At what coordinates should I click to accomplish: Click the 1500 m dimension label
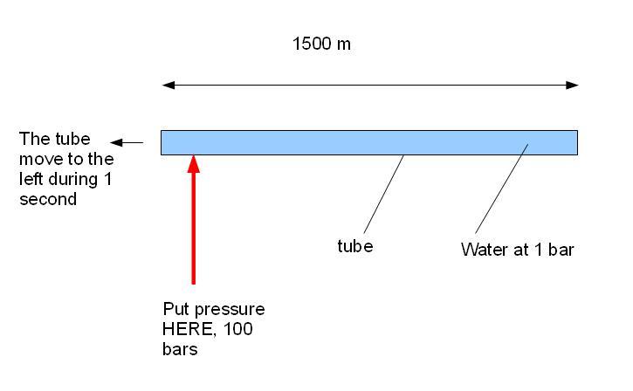pos(321,44)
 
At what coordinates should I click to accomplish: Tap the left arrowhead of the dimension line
pos(168,86)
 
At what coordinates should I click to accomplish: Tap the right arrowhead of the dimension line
pos(572,86)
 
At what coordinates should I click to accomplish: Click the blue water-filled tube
pos(369,142)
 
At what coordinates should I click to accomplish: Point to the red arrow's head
pos(194,164)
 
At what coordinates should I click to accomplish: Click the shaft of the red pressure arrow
pos(194,229)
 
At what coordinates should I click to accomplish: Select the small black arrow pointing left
pos(127,142)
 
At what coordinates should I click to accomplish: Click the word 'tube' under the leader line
pos(354,246)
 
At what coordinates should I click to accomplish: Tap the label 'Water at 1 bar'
pos(517,250)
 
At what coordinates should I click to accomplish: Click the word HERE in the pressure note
pos(186,329)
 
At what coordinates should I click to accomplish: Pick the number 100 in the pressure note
pos(237,329)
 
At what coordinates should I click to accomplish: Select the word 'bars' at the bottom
pos(180,349)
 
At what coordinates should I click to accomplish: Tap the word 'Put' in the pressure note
pos(176,309)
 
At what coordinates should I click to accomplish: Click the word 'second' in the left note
pos(48,199)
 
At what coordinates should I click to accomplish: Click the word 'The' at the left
pos(34,139)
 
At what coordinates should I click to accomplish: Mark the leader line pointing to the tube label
pos(383,195)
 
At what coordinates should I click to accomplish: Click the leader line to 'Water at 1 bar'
pos(502,189)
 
